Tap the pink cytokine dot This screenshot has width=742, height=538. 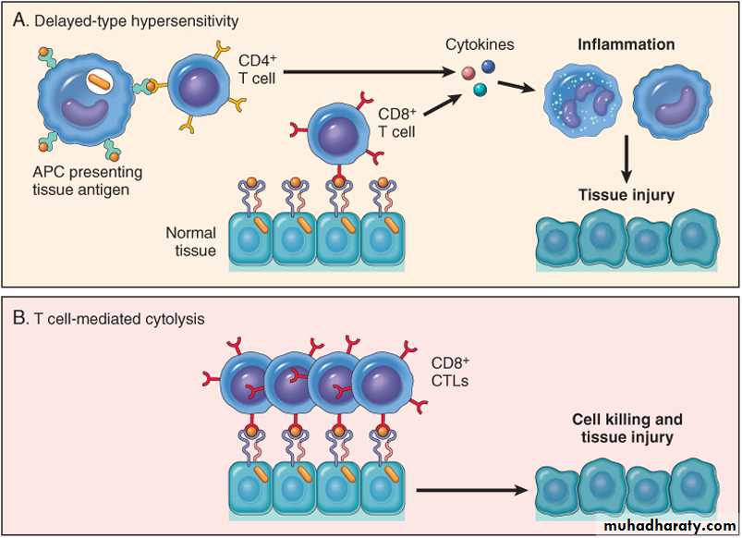pyautogui.click(x=469, y=72)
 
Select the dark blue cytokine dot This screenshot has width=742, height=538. pyautogui.click(x=487, y=67)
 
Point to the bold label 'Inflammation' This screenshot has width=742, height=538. pyautogui.click(x=626, y=44)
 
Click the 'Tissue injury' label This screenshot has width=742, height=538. pyautogui.click(x=626, y=195)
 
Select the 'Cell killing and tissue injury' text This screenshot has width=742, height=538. pyautogui.click(x=622, y=429)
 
